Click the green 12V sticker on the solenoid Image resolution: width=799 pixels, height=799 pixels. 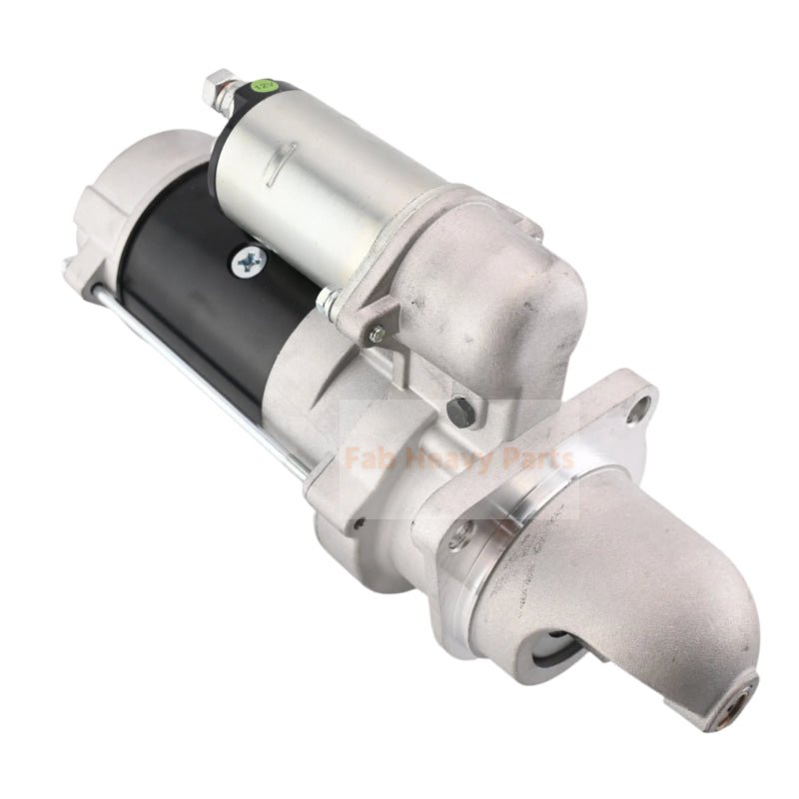pyautogui.click(x=267, y=86)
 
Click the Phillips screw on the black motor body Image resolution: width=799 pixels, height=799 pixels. pyautogui.click(x=245, y=261)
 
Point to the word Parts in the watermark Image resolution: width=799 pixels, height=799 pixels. pyautogui.click(x=537, y=460)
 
